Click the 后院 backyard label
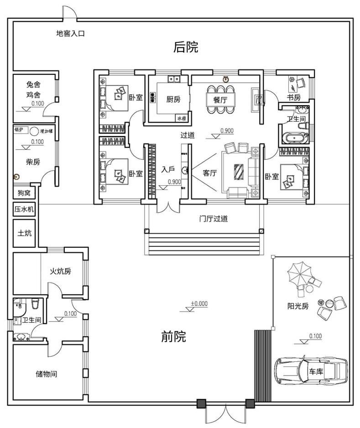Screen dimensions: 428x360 (x=186, y=47)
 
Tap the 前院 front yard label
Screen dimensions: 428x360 (x=174, y=337)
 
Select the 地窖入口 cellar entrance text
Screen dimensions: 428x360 (x=70, y=33)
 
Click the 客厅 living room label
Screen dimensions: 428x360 (x=209, y=173)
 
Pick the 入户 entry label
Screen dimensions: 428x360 (x=168, y=170)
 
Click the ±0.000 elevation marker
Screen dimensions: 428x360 (x=199, y=303)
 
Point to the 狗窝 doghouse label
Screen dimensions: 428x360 (x=24, y=193)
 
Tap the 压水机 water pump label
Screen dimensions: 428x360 (x=24, y=209)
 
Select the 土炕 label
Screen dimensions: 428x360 (x=24, y=233)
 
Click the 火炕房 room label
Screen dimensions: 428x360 (x=60, y=271)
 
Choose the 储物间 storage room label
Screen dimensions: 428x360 (x=47, y=374)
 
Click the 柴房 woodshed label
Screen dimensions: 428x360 (x=32, y=162)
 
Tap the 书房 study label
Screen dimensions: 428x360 (x=293, y=98)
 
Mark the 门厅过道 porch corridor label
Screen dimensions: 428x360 (x=214, y=219)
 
